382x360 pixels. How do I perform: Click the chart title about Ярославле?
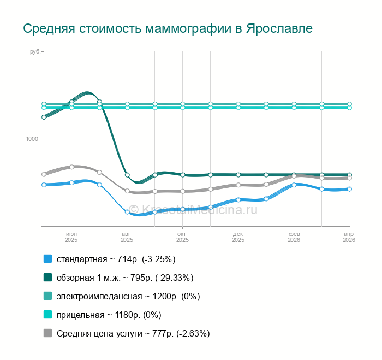168,28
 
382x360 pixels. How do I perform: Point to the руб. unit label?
35,52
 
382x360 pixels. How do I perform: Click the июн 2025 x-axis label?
71,237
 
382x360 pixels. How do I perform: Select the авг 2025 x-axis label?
127,237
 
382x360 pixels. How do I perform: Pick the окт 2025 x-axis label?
182,237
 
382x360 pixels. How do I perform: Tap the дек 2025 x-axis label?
238,237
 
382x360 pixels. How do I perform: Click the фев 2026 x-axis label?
294,237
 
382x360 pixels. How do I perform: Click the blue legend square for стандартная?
47,259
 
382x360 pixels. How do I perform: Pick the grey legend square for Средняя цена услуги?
47,333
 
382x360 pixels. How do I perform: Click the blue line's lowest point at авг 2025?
127,212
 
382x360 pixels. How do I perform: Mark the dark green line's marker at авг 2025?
127,175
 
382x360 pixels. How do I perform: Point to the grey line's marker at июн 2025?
71,167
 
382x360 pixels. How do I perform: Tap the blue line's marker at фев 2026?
294,185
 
